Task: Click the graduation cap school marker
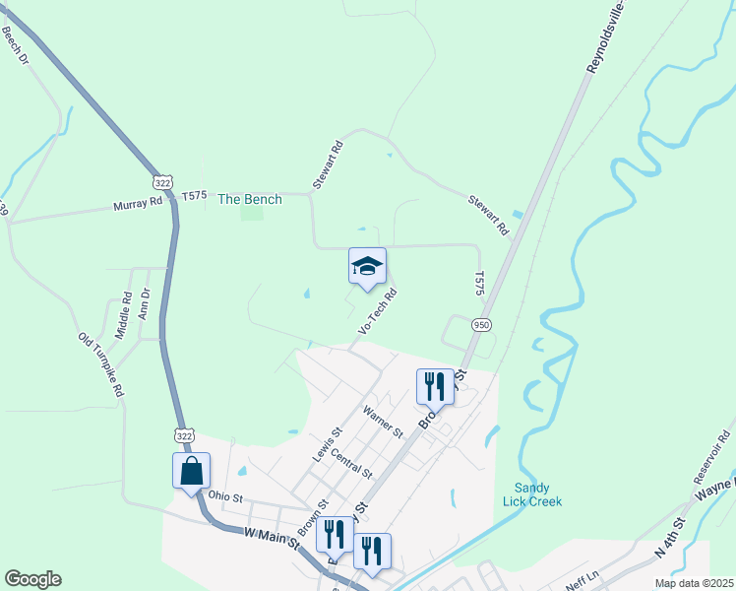click(x=367, y=267)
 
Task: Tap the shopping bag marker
click(x=191, y=470)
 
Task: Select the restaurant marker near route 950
click(x=435, y=386)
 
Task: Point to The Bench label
click(x=249, y=199)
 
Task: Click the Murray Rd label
click(x=137, y=204)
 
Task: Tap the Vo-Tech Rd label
click(x=377, y=311)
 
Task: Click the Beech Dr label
click(x=17, y=46)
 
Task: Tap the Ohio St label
click(x=224, y=497)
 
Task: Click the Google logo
click(x=32, y=579)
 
